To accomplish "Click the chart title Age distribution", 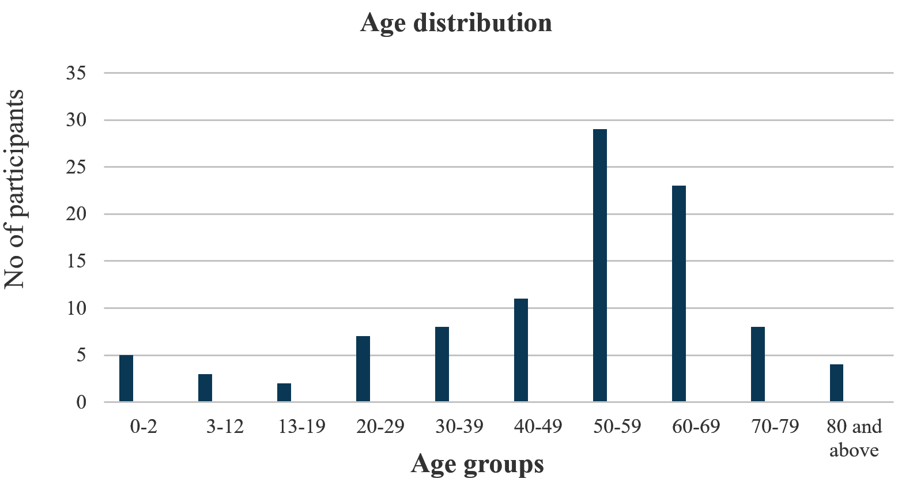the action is coord(456,23).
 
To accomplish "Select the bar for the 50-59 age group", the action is coord(600,265).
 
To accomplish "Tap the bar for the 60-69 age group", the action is coord(679,293).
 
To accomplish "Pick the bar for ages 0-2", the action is coord(126,378).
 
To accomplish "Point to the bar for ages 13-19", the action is coord(284,393).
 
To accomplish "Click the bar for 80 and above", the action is coord(837,383).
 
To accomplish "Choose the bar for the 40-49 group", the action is coord(521,350).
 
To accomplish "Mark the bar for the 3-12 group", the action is coord(205,388).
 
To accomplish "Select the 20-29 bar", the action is coord(363,369).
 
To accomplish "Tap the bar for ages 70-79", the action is coord(758,364).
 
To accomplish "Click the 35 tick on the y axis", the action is coord(76,73).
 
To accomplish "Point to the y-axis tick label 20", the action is coord(76,214).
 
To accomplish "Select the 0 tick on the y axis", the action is coord(81,402).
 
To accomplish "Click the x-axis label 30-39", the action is coord(459,426).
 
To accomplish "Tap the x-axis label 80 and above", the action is coord(854,438).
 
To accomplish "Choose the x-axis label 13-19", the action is coord(301,426).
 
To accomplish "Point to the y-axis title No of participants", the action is coord(14,189).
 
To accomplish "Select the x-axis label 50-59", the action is coord(617,426).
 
